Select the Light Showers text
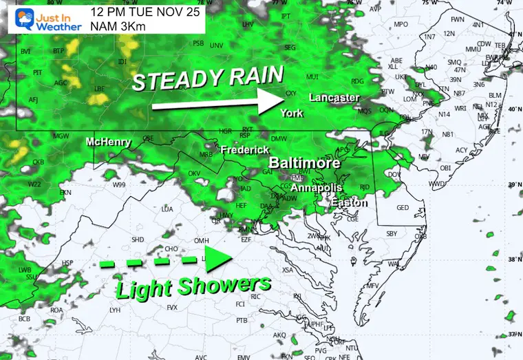pyautogui.click(x=193, y=284)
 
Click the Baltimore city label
pyautogui.click(x=304, y=163)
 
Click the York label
pyautogui.click(x=292, y=113)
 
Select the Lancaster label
pyautogui.click(x=334, y=98)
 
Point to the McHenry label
pyautogui.click(x=108, y=142)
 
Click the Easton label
pyautogui.click(x=349, y=203)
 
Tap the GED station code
pyautogui.click(x=403, y=207)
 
